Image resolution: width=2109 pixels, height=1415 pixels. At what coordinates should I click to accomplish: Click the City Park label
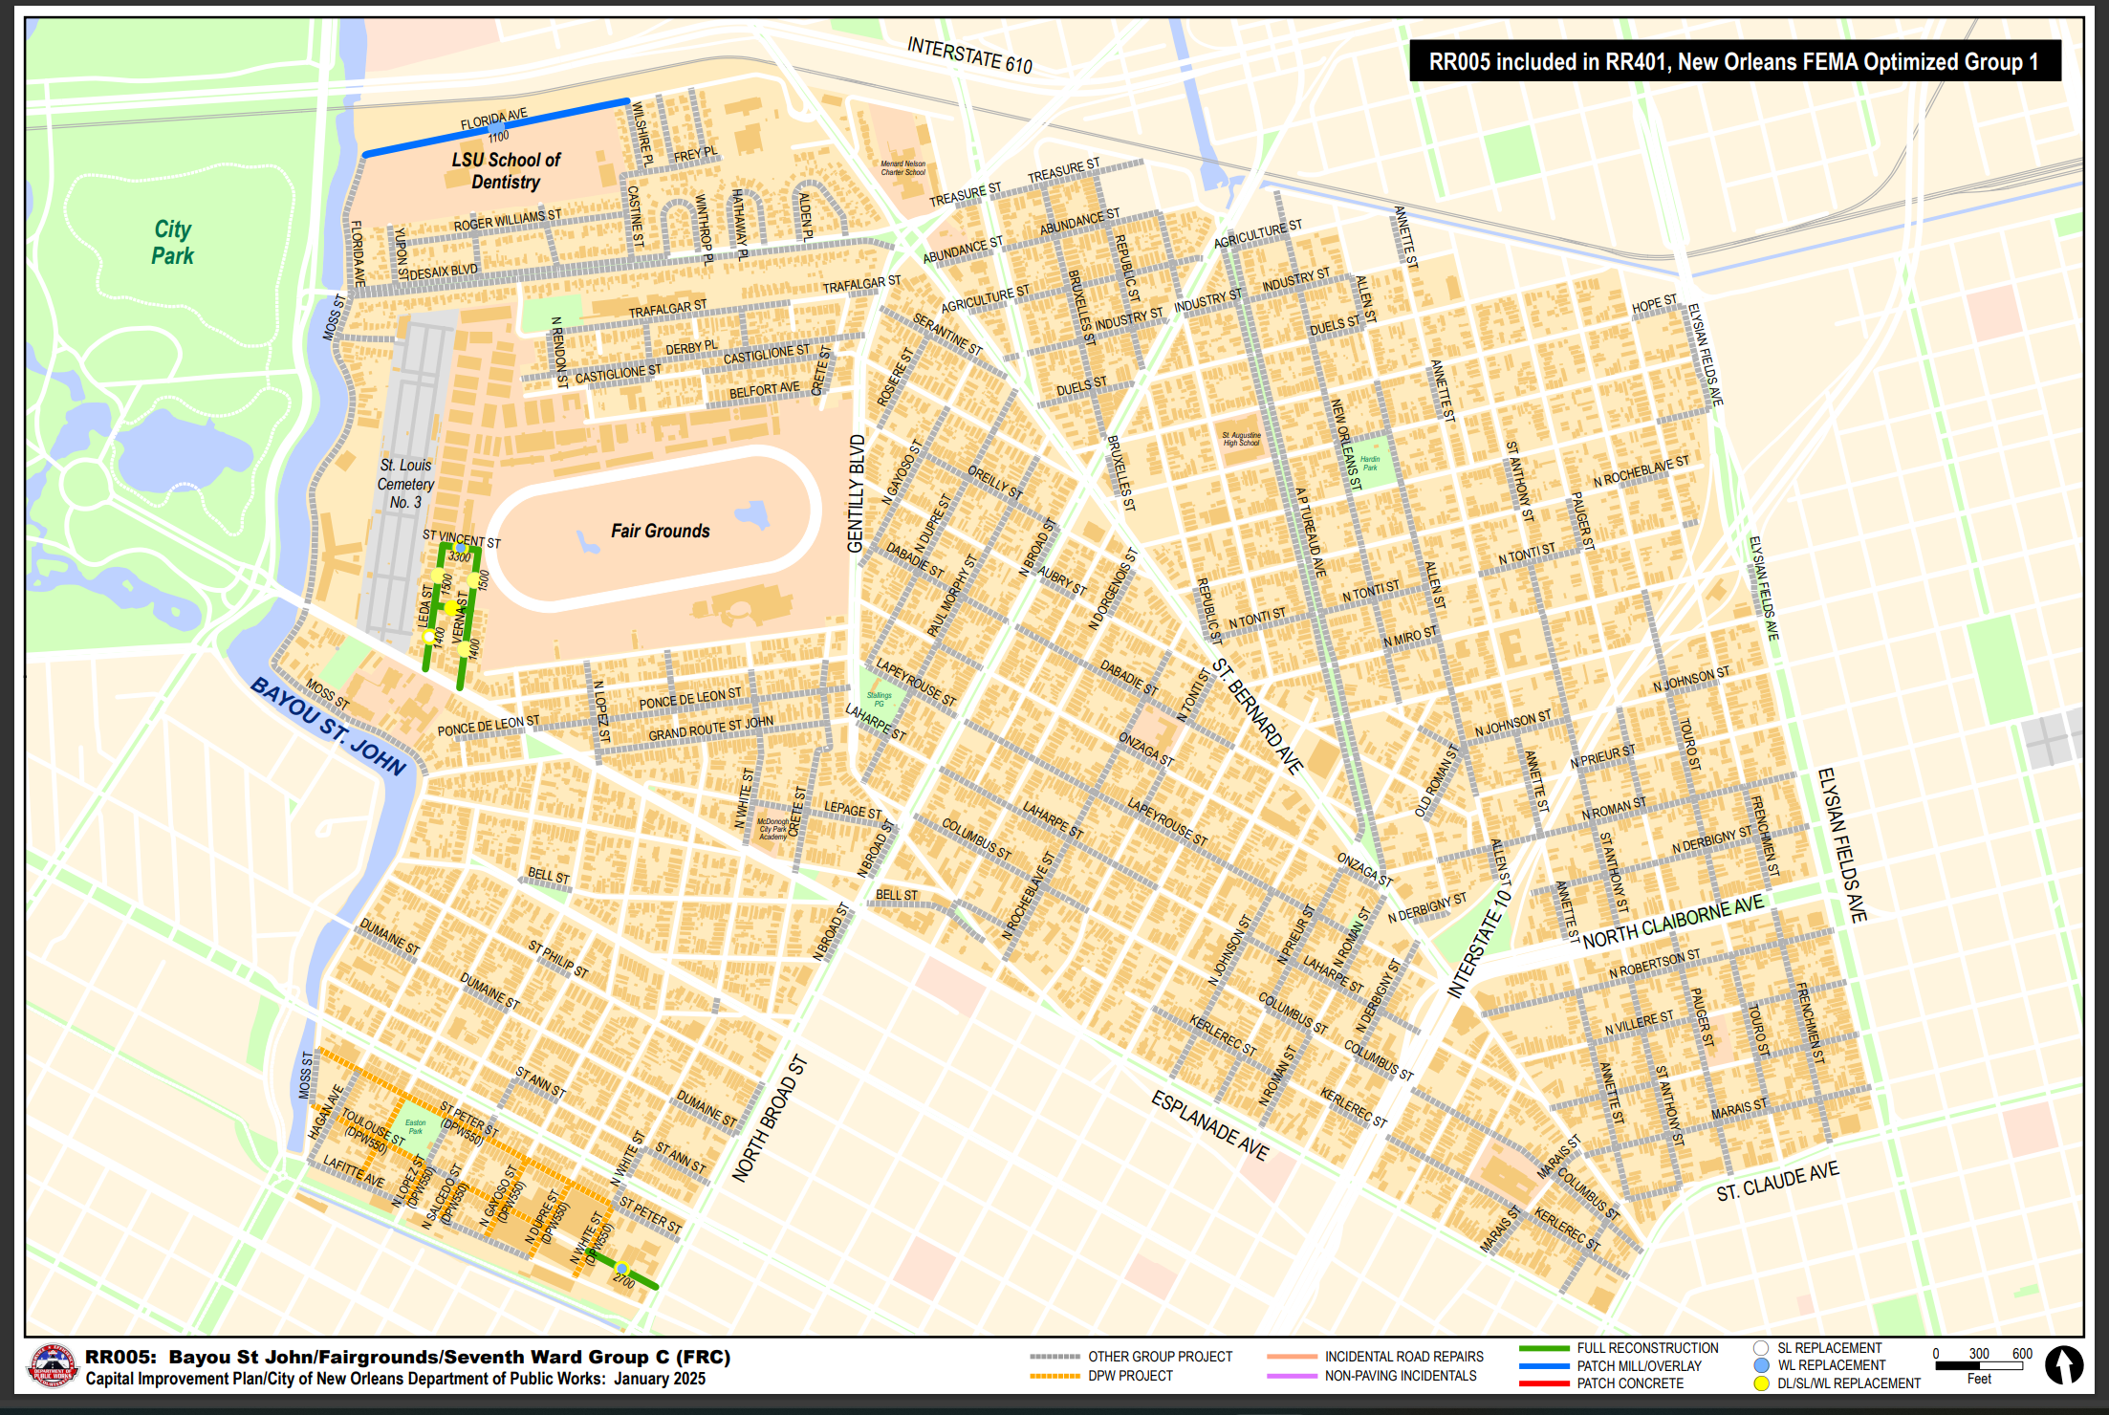point(172,242)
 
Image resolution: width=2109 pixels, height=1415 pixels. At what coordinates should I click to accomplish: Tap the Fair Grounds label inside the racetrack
point(660,531)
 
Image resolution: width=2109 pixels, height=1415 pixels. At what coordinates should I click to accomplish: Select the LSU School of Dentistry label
point(506,170)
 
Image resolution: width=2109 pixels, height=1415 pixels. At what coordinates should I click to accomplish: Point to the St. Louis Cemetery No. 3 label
point(405,483)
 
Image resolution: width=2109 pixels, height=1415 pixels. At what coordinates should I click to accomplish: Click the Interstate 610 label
point(969,54)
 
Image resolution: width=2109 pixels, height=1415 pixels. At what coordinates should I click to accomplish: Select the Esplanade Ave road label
point(1209,1125)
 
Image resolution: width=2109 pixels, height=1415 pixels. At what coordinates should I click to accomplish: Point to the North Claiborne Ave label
point(1672,922)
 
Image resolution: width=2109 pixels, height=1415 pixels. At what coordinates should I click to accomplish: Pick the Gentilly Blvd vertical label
point(856,493)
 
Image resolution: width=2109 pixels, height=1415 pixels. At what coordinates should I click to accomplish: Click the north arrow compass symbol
point(2063,1364)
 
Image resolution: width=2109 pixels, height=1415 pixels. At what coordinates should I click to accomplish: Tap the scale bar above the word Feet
point(1978,1365)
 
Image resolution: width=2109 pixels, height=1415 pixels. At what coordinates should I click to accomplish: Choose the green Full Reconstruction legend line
point(1543,1348)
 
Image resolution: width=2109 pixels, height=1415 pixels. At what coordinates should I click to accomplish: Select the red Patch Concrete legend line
point(1543,1383)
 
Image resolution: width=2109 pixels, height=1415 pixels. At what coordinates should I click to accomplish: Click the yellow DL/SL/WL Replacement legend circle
point(1761,1383)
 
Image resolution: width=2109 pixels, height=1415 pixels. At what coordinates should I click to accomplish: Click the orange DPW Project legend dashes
point(1054,1376)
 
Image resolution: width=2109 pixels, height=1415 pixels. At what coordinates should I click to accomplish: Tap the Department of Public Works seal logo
point(53,1365)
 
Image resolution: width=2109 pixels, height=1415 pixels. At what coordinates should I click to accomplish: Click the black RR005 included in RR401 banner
point(1733,62)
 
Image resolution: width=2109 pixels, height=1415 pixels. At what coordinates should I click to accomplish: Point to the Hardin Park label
point(1370,463)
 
